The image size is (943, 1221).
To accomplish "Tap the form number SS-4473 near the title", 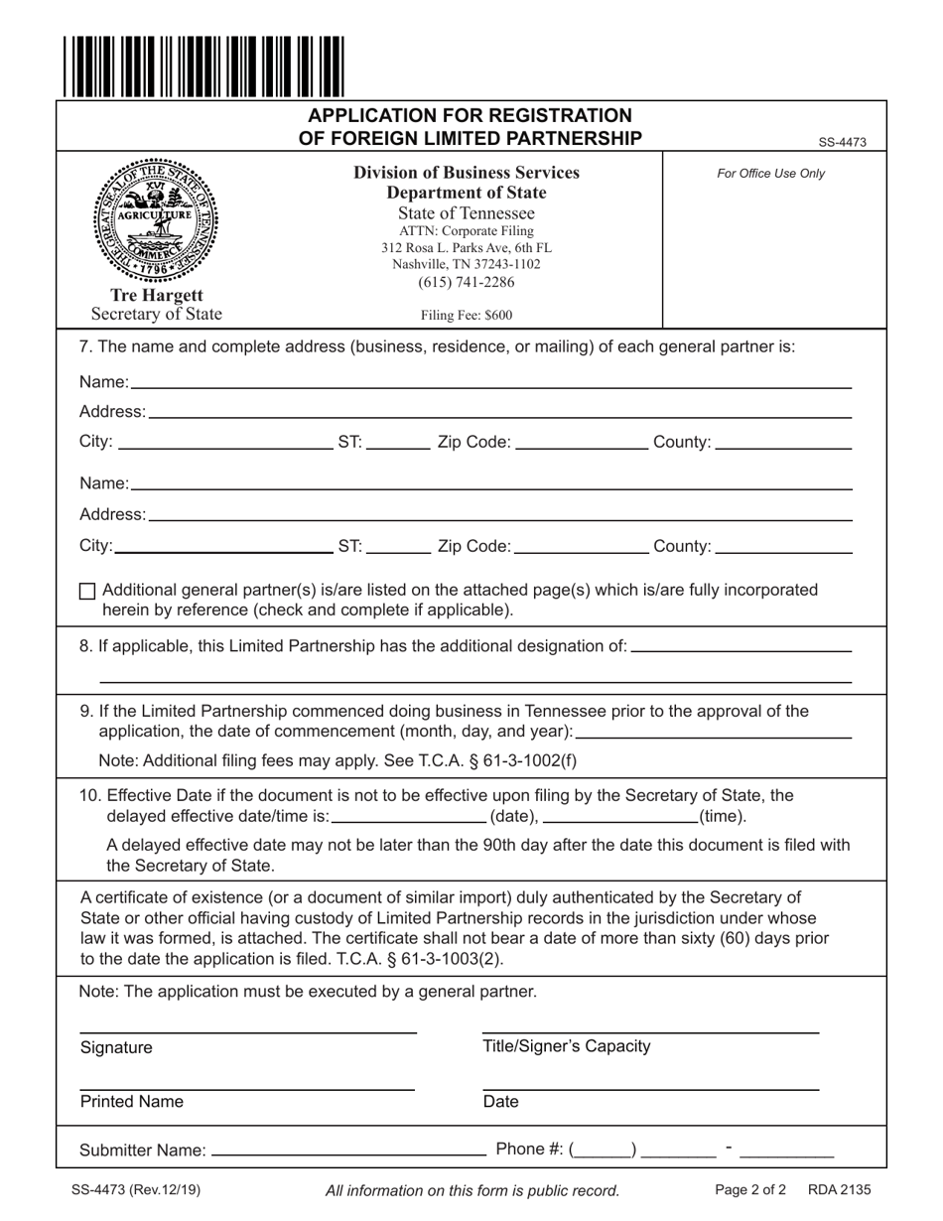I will [x=842, y=143].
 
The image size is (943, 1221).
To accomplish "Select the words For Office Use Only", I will [x=770, y=174].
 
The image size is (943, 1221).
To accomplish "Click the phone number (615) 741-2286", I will [x=466, y=283].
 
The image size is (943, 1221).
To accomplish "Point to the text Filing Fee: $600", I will [x=466, y=316].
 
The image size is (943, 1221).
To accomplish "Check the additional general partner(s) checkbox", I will [x=87, y=591].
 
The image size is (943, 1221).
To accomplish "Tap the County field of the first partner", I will [x=782, y=443].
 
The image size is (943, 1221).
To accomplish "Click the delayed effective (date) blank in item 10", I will [x=409, y=817].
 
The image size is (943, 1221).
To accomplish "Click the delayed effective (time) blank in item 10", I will [x=620, y=817].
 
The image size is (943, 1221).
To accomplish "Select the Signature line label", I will [x=116, y=1048].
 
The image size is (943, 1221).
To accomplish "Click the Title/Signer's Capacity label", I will [x=566, y=1046].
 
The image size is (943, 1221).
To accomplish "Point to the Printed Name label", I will [x=131, y=1102].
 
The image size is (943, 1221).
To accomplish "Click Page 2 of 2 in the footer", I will [x=749, y=1189].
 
